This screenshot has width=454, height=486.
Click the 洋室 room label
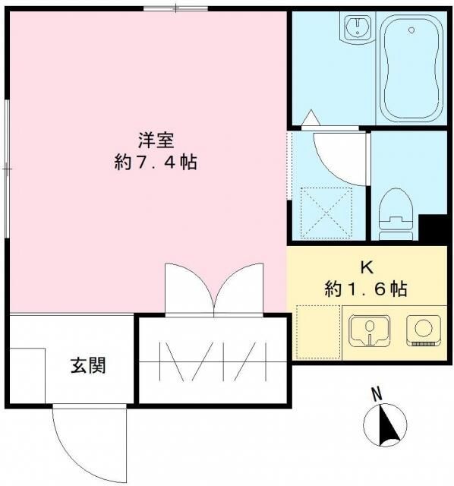[157, 140]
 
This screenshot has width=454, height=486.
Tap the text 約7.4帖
[157, 162]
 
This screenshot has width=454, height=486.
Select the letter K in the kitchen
[366, 268]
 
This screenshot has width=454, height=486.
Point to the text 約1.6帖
[366, 289]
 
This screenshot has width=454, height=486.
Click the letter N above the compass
[375, 394]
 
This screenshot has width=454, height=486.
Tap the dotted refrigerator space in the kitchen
[317, 331]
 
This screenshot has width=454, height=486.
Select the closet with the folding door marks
[213, 361]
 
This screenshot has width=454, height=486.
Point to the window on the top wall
[175, 8]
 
